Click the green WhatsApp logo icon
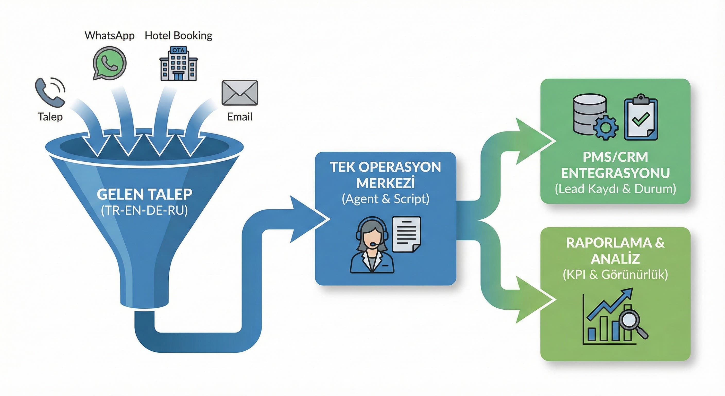click(109, 63)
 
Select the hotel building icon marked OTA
click(178, 64)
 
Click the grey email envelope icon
click(240, 93)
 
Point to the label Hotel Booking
click(178, 36)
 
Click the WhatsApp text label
click(109, 36)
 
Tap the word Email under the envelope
click(239, 117)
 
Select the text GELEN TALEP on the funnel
click(144, 194)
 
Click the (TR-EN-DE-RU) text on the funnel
click(144, 210)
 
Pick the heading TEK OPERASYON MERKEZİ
click(385, 175)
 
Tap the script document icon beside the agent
click(407, 234)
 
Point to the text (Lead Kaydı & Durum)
click(615, 189)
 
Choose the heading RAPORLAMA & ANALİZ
click(615, 250)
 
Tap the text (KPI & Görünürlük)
click(615, 275)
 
